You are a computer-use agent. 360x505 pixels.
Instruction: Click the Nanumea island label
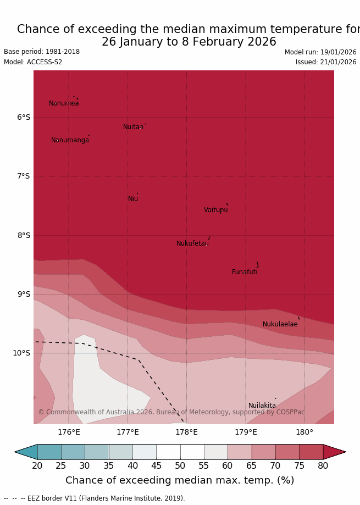click(x=64, y=103)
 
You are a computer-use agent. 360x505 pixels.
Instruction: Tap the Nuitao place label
click(x=133, y=127)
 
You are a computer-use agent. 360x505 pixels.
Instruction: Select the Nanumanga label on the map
click(x=70, y=140)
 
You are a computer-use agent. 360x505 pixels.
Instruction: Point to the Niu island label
click(x=133, y=199)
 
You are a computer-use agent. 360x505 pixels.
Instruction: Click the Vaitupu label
click(x=215, y=210)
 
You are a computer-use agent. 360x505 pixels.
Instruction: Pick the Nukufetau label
click(x=192, y=243)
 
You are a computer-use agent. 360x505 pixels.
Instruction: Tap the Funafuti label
click(x=245, y=272)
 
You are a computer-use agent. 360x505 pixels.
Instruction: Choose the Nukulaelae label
click(x=280, y=324)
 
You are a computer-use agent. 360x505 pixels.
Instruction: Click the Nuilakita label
click(x=262, y=406)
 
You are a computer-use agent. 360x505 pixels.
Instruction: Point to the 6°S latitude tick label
click(x=24, y=117)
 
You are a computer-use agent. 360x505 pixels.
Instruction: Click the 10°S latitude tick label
click(x=21, y=353)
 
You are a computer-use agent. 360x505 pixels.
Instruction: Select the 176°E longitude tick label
click(x=69, y=432)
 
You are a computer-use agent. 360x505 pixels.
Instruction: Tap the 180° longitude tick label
click(x=304, y=432)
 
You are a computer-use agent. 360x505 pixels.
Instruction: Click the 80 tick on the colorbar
click(x=323, y=466)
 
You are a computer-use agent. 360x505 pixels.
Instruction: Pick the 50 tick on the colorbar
click(x=180, y=466)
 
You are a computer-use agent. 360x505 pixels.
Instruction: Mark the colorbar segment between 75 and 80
click(x=311, y=452)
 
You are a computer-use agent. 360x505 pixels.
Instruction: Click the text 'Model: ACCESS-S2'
click(x=33, y=62)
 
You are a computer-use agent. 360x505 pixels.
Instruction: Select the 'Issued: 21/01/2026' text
click(x=326, y=62)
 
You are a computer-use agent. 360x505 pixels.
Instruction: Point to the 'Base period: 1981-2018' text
click(x=42, y=52)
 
